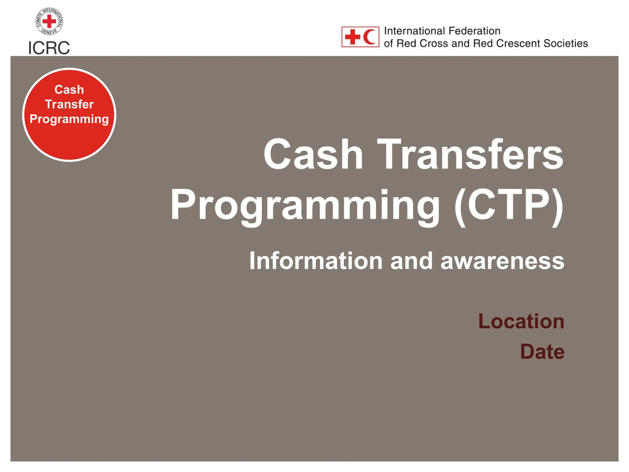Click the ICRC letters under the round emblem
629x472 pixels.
click(49, 48)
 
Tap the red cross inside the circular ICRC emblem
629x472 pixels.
click(49, 22)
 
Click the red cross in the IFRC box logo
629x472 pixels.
click(352, 37)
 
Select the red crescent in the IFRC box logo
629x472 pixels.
click(370, 37)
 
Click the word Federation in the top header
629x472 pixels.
click(475, 31)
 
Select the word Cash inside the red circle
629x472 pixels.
click(69, 90)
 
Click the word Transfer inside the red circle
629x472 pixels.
click(69, 104)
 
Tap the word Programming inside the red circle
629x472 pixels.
click(69, 119)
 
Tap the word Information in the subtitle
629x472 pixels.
click(316, 261)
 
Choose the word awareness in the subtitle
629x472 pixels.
click(502, 261)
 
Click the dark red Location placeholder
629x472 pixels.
click(521, 321)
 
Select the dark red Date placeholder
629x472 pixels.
click(542, 352)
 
